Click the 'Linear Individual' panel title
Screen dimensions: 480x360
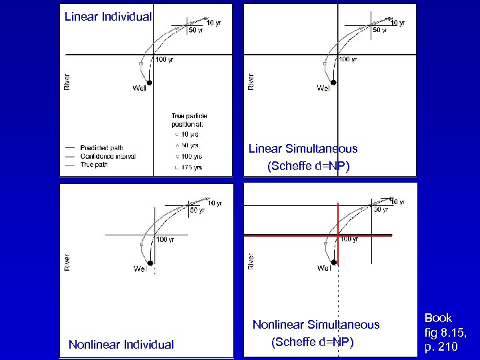108,16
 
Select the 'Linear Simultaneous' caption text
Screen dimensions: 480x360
303,149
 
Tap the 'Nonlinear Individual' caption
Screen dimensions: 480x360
121,344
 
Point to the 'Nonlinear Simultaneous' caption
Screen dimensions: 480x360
315,325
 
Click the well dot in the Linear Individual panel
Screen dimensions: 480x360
149,83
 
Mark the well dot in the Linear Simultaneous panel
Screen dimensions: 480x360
333,83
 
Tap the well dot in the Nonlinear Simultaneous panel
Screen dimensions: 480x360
333,263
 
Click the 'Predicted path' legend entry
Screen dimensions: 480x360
101,148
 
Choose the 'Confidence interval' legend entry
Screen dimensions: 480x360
107,157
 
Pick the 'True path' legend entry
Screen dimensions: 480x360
94,165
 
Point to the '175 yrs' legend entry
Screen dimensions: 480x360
190,167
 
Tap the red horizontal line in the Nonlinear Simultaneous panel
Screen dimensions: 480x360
293,235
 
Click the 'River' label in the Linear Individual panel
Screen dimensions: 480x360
67,81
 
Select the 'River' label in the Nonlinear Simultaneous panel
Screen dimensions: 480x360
251,261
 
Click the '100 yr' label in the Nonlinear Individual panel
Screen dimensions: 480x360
165,239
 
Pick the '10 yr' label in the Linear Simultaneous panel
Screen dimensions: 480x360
397,23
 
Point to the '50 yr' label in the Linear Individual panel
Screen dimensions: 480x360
196,29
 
